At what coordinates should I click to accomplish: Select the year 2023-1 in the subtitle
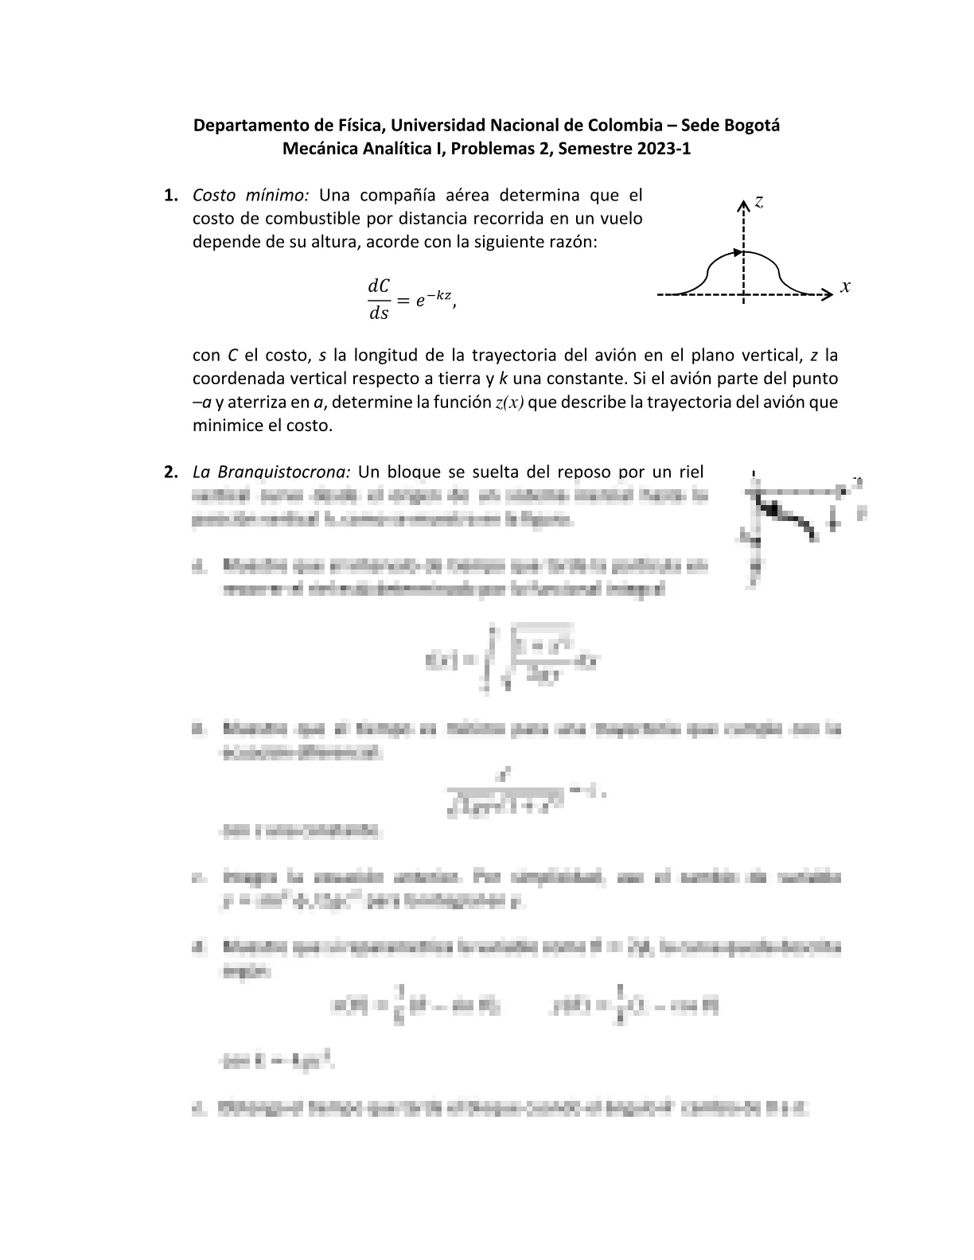click(663, 149)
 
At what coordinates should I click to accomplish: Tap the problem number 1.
click(170, 196)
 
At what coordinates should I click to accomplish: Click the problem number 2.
click(170, 472)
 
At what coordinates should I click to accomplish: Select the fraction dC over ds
click(378, 299)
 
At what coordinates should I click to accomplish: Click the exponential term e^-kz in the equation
click(435, 299)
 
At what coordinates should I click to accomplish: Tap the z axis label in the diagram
click(759, 202)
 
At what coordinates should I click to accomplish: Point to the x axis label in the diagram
click(845, 286)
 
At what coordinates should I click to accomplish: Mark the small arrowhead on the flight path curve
click(736, 253)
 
